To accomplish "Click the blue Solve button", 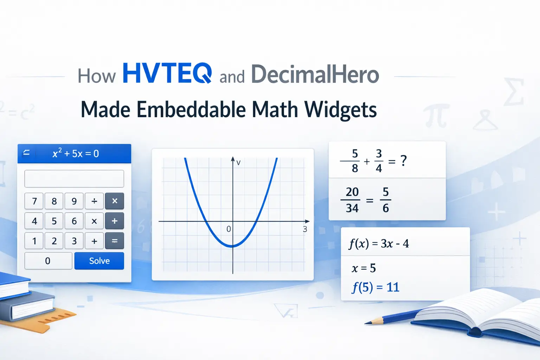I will coord(99,261).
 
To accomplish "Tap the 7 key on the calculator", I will coord(34,201).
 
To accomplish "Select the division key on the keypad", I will coord(94,201).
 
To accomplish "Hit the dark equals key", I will coord(114,241).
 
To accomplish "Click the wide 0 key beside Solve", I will coord(48,261).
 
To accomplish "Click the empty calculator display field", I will coord(74,179).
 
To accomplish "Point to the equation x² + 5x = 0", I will coord(76,154).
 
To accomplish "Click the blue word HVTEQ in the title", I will coord(167,73).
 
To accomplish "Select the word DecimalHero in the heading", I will coord(315,75).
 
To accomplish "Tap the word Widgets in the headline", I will coord(341,110).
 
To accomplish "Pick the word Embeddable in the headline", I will coord(192,109).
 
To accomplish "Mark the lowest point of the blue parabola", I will coord(232,246).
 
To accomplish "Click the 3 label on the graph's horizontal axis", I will coord(305,229).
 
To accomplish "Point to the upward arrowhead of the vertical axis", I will coord(233,159).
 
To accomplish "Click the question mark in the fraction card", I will coord(404,161).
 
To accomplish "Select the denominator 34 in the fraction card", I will coord(352,208).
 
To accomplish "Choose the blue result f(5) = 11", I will coord(375,288).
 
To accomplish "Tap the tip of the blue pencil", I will coord(366,323).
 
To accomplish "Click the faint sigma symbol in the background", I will coord(514,92).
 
